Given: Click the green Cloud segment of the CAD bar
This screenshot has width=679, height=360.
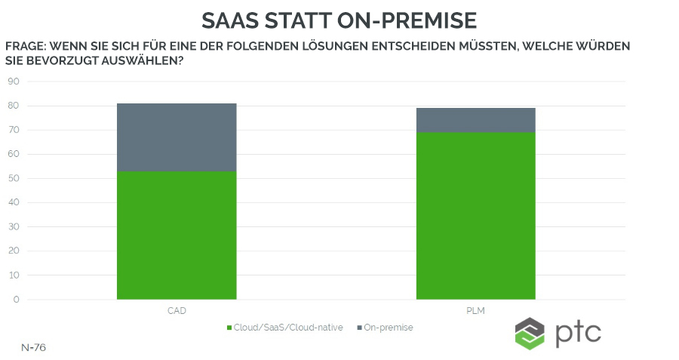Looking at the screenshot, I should tap(177, 235).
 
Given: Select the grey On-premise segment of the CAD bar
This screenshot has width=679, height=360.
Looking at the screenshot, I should tap(177, 137).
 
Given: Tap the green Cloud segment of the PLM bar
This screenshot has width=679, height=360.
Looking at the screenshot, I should tap(475, 216).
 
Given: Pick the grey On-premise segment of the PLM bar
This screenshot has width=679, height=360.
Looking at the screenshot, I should tap(475, 120).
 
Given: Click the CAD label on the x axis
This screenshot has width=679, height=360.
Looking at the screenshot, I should tap(177, 310).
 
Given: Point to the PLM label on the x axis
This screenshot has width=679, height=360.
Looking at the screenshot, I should tap(475, 310).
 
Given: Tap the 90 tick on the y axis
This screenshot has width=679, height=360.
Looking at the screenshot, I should tap(13, 82).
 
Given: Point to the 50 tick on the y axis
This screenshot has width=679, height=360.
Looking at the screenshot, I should tap(13, 179).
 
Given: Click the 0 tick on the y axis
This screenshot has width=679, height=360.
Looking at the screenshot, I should tap(16, 300).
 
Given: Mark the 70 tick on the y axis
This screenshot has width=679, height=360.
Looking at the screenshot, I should tap(13, 130).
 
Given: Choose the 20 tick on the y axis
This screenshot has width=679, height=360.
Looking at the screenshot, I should tap(13, 251).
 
